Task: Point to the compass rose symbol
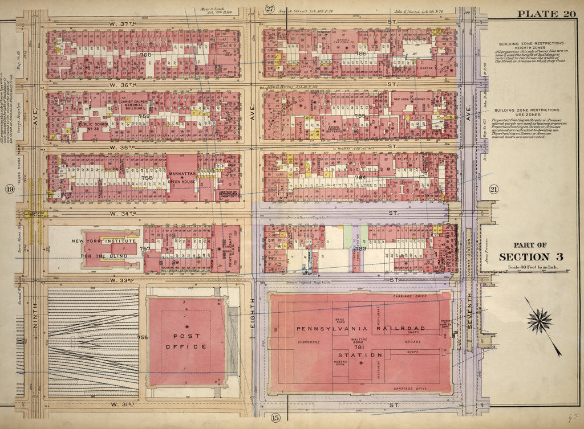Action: (539, 321)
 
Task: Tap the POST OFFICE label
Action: (186, 341)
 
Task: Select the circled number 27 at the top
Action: (270, 8)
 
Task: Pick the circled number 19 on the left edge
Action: (10, 189)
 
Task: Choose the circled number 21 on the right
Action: (493, 189)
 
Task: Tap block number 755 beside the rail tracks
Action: (143, 338)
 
